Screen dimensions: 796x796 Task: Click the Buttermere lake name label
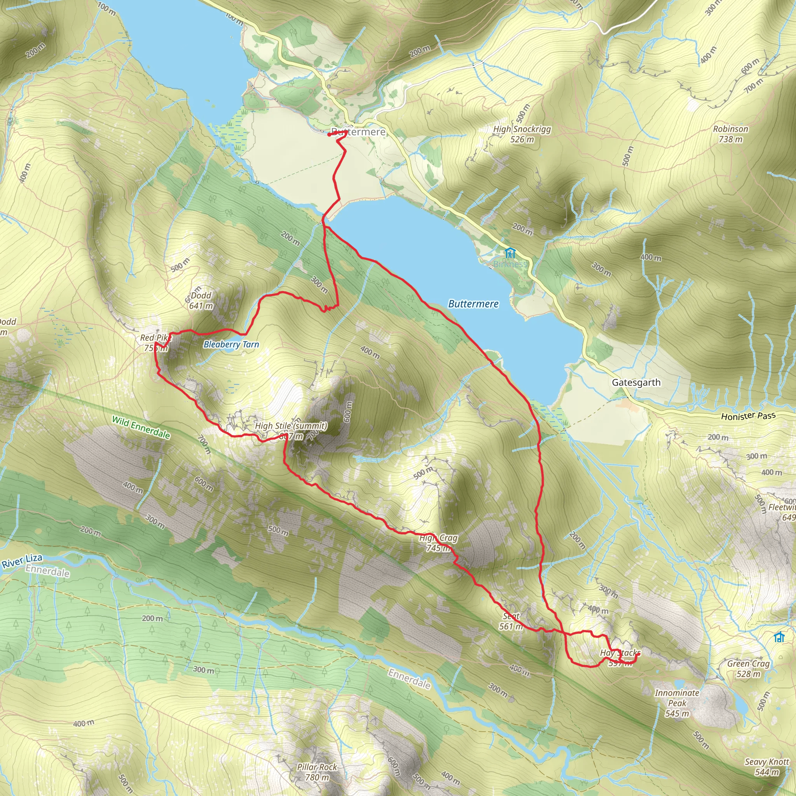(473, 304)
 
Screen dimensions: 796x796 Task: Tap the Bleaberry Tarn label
(231, 344)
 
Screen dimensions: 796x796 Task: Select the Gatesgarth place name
(636, 382)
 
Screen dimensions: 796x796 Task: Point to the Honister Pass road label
(748, 416)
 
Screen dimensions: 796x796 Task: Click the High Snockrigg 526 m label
(522, 134)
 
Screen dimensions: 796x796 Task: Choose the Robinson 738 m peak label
(730, 134)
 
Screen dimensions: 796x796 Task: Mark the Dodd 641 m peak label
(201, 300)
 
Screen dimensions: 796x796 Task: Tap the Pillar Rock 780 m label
(317, 772)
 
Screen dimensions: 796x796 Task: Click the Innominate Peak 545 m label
(677, 703)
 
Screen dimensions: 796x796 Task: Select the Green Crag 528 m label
(748, 668)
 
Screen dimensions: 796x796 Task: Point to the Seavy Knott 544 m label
(766, 767)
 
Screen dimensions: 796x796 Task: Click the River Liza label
(22, 561)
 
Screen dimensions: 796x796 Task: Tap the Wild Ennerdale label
(141, 427)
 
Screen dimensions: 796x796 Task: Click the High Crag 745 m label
(438, 543)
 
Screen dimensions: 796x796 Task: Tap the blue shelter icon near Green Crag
(779, 637)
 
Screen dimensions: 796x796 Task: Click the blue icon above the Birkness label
(510, 253)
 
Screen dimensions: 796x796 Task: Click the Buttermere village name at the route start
(358, 132)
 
